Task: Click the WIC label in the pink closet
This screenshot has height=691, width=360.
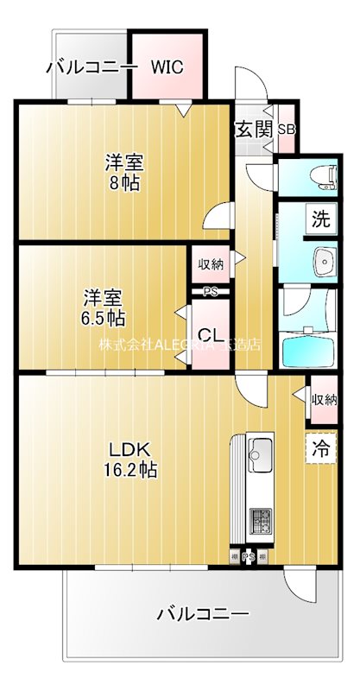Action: pyautogui.click(x=168, y=67)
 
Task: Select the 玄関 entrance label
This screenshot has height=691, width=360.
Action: pyautogui.click(x=253, y=130)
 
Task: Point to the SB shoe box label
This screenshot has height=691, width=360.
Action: pyautogui.click(x=285, y=130)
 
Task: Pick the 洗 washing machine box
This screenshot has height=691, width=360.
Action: pyautogui.click(x=320, y=219)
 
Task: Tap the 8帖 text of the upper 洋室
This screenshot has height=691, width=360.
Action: pyautogui.click(x=124, y=183)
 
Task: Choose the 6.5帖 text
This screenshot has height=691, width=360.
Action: pyautogui.click(x=103, y=318)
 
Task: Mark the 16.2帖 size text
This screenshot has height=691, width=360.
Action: pyautogui.click(x=131, y=471)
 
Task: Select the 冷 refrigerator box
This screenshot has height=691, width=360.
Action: pyautogui.click(x=320, y=448)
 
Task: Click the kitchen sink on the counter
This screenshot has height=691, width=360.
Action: pyautogui.click(x=260, y=450)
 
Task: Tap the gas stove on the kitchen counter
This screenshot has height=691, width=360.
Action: pyautogui.click(x=260, y=520)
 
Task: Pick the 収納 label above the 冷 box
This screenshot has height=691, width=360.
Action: pyautogui.click(x=325, y=399)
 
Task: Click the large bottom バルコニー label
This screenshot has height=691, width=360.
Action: pyautogui.click(x=203, y=615)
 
